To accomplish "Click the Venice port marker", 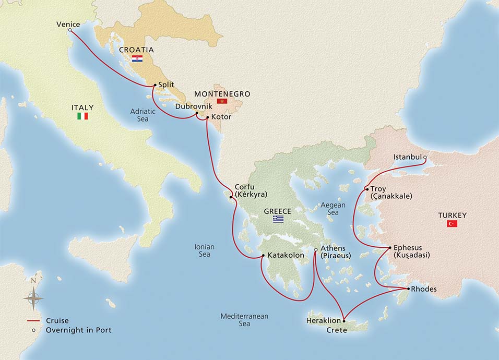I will [69, 30].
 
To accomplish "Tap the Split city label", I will [165, 85].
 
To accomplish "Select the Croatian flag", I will [137, 59].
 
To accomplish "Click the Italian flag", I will [82, 116].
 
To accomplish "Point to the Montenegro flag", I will [222, 101].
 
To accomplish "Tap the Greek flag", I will [278, 219].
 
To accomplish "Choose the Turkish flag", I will [452, 223].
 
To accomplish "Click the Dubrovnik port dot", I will [196, 113].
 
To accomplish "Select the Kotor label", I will [221, 117].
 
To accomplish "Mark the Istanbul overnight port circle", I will [425, 157].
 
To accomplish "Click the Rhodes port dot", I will [408, 289].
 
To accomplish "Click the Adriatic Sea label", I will [142, 115].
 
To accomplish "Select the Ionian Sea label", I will [204, 250].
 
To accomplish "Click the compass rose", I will [33, 298].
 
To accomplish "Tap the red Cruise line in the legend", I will [34, 321].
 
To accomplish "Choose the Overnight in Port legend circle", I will [34, 330].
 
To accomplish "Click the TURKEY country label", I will [452, 215].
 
